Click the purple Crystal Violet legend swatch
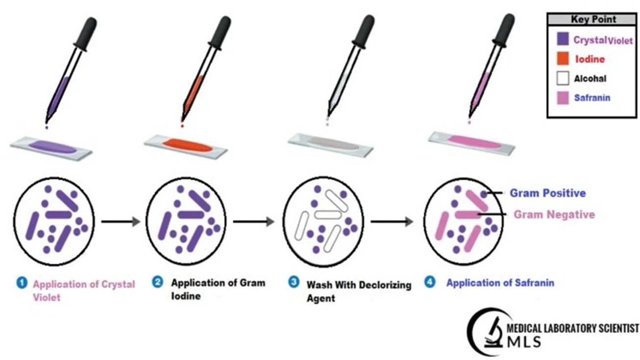(563, 40)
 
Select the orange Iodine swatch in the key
(563, 59)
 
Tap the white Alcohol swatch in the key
(563, 78)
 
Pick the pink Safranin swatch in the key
(563, 97)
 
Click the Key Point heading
(593, 20)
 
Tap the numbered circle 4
(430, 282)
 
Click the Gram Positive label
(547, 193)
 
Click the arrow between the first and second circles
(120, 221)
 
